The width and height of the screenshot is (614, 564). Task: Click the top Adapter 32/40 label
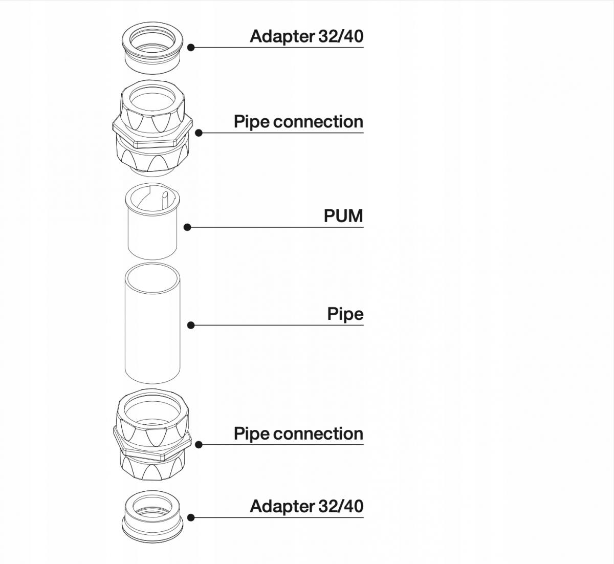click(306, 36)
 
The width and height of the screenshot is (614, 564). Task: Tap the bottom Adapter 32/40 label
click(306, 506)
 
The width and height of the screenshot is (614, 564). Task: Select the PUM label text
click(343, 216)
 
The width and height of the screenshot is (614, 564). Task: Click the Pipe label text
click(345, 314)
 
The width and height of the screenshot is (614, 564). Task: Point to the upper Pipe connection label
click(298, 122)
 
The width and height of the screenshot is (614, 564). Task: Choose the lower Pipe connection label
click(298, 434)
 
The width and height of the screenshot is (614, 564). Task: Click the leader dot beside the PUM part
click(187, 227)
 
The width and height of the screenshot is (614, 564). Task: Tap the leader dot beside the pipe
click(191, 325)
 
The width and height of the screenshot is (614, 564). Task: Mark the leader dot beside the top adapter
click(191, 48)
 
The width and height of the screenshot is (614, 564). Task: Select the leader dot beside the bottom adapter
click(191, 517)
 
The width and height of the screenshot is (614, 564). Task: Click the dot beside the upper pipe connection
click(199, 133)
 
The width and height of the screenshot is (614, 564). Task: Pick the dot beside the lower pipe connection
click(199, 445)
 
